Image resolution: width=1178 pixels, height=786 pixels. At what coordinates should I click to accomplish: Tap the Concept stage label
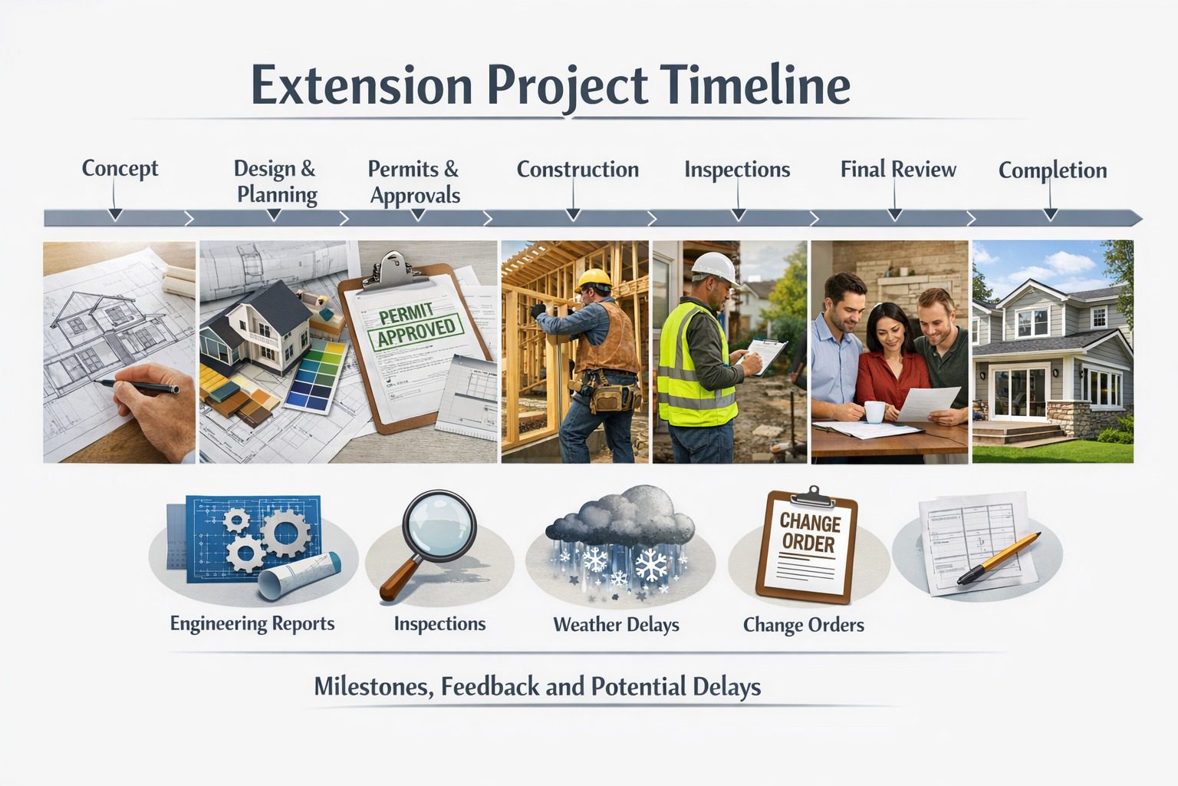[x=120, y=168]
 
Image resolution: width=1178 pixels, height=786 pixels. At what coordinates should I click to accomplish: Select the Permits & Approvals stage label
[x=414, y=182]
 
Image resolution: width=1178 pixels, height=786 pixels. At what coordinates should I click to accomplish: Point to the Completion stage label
[x=1052, y=170]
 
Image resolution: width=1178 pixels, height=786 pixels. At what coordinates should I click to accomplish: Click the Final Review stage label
[x=898, y=169]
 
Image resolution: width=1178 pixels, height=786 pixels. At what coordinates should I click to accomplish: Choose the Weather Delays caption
[x=616, y=625]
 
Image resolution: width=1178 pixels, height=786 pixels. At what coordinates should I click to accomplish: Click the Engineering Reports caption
[x=252, y=623]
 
